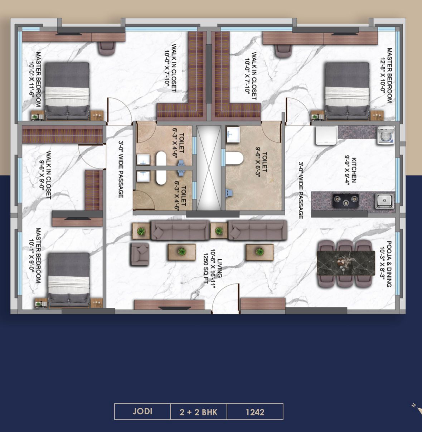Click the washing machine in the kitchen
(386, 135)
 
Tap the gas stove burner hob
(346, 201)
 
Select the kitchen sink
(385, 201)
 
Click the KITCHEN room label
(350, 170)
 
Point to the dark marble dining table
(346, 263)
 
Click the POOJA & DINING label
(385, 264)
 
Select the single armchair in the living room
(139, 254)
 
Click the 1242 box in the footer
(255, 411)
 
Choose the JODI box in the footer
(142, 411)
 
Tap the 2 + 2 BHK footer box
(199, 411)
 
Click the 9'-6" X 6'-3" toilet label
(261, 162)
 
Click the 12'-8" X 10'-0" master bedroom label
(386, 75)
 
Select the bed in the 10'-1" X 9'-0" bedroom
(69, 280)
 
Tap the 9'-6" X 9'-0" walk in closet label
(45, 175)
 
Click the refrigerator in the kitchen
(326, 135)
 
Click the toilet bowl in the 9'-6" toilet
(235, 158)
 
